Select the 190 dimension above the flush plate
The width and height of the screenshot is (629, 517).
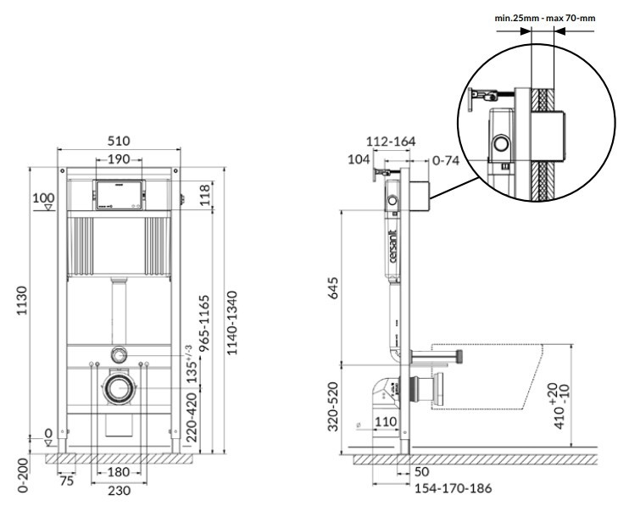[x=118, y=160]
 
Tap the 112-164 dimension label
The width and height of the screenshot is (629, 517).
[x=391, y=142]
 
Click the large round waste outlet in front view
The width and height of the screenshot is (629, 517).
[x=118, y=389]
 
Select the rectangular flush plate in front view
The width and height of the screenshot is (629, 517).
[x=118, y=196]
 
